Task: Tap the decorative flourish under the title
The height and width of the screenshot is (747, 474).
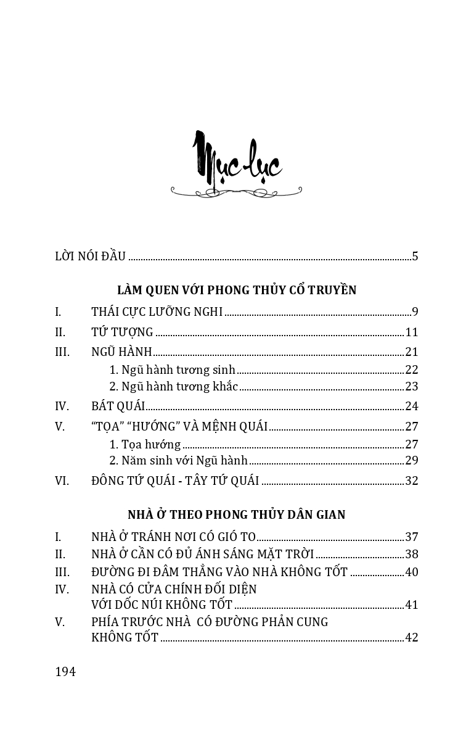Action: click(x=236, y=192)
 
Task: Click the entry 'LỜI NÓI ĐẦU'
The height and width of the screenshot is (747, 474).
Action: click(x=90, y=257)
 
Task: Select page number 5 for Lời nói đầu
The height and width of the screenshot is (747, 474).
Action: click(x=415, y=257)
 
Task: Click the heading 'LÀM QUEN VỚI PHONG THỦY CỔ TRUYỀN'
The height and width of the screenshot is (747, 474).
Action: click(x=237, y=290)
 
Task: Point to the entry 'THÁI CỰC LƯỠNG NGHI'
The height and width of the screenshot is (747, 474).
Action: click(x=157, y=312)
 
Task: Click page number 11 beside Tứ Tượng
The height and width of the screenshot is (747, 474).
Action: click(x=411, y=332)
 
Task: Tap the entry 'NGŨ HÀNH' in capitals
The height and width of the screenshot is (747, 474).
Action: click(x=121, y=352)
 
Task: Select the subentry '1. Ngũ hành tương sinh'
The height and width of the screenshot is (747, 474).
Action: click(x=172, y=370)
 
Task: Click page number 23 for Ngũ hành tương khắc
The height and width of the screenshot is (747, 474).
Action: click(x=411, y=387)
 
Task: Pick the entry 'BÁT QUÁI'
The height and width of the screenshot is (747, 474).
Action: click(x=118, y=406)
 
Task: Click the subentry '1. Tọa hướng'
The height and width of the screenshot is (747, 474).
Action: click(x=145, y=444)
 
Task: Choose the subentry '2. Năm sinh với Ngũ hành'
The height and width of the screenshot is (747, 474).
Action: click(x=178, y=460)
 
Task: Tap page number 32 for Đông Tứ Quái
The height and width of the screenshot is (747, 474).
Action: click(x=411, y=481)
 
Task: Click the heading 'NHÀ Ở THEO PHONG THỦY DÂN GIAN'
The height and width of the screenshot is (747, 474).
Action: click(x=237, y=514)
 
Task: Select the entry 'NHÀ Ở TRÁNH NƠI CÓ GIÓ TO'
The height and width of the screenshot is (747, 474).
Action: click(x=173, y=537)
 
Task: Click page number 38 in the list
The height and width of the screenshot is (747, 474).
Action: click(x=411, y=554)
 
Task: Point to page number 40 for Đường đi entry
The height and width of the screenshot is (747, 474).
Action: click(x=411, y=572)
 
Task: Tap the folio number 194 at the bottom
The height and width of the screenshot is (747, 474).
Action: click(x=65, y=672)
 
